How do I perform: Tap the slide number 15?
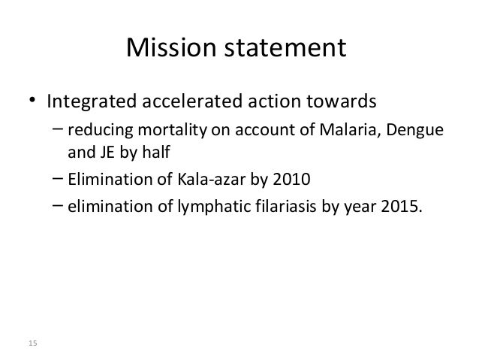click(32, 343)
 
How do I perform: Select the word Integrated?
click(92, 101)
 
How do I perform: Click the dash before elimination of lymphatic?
click(58, 204)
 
